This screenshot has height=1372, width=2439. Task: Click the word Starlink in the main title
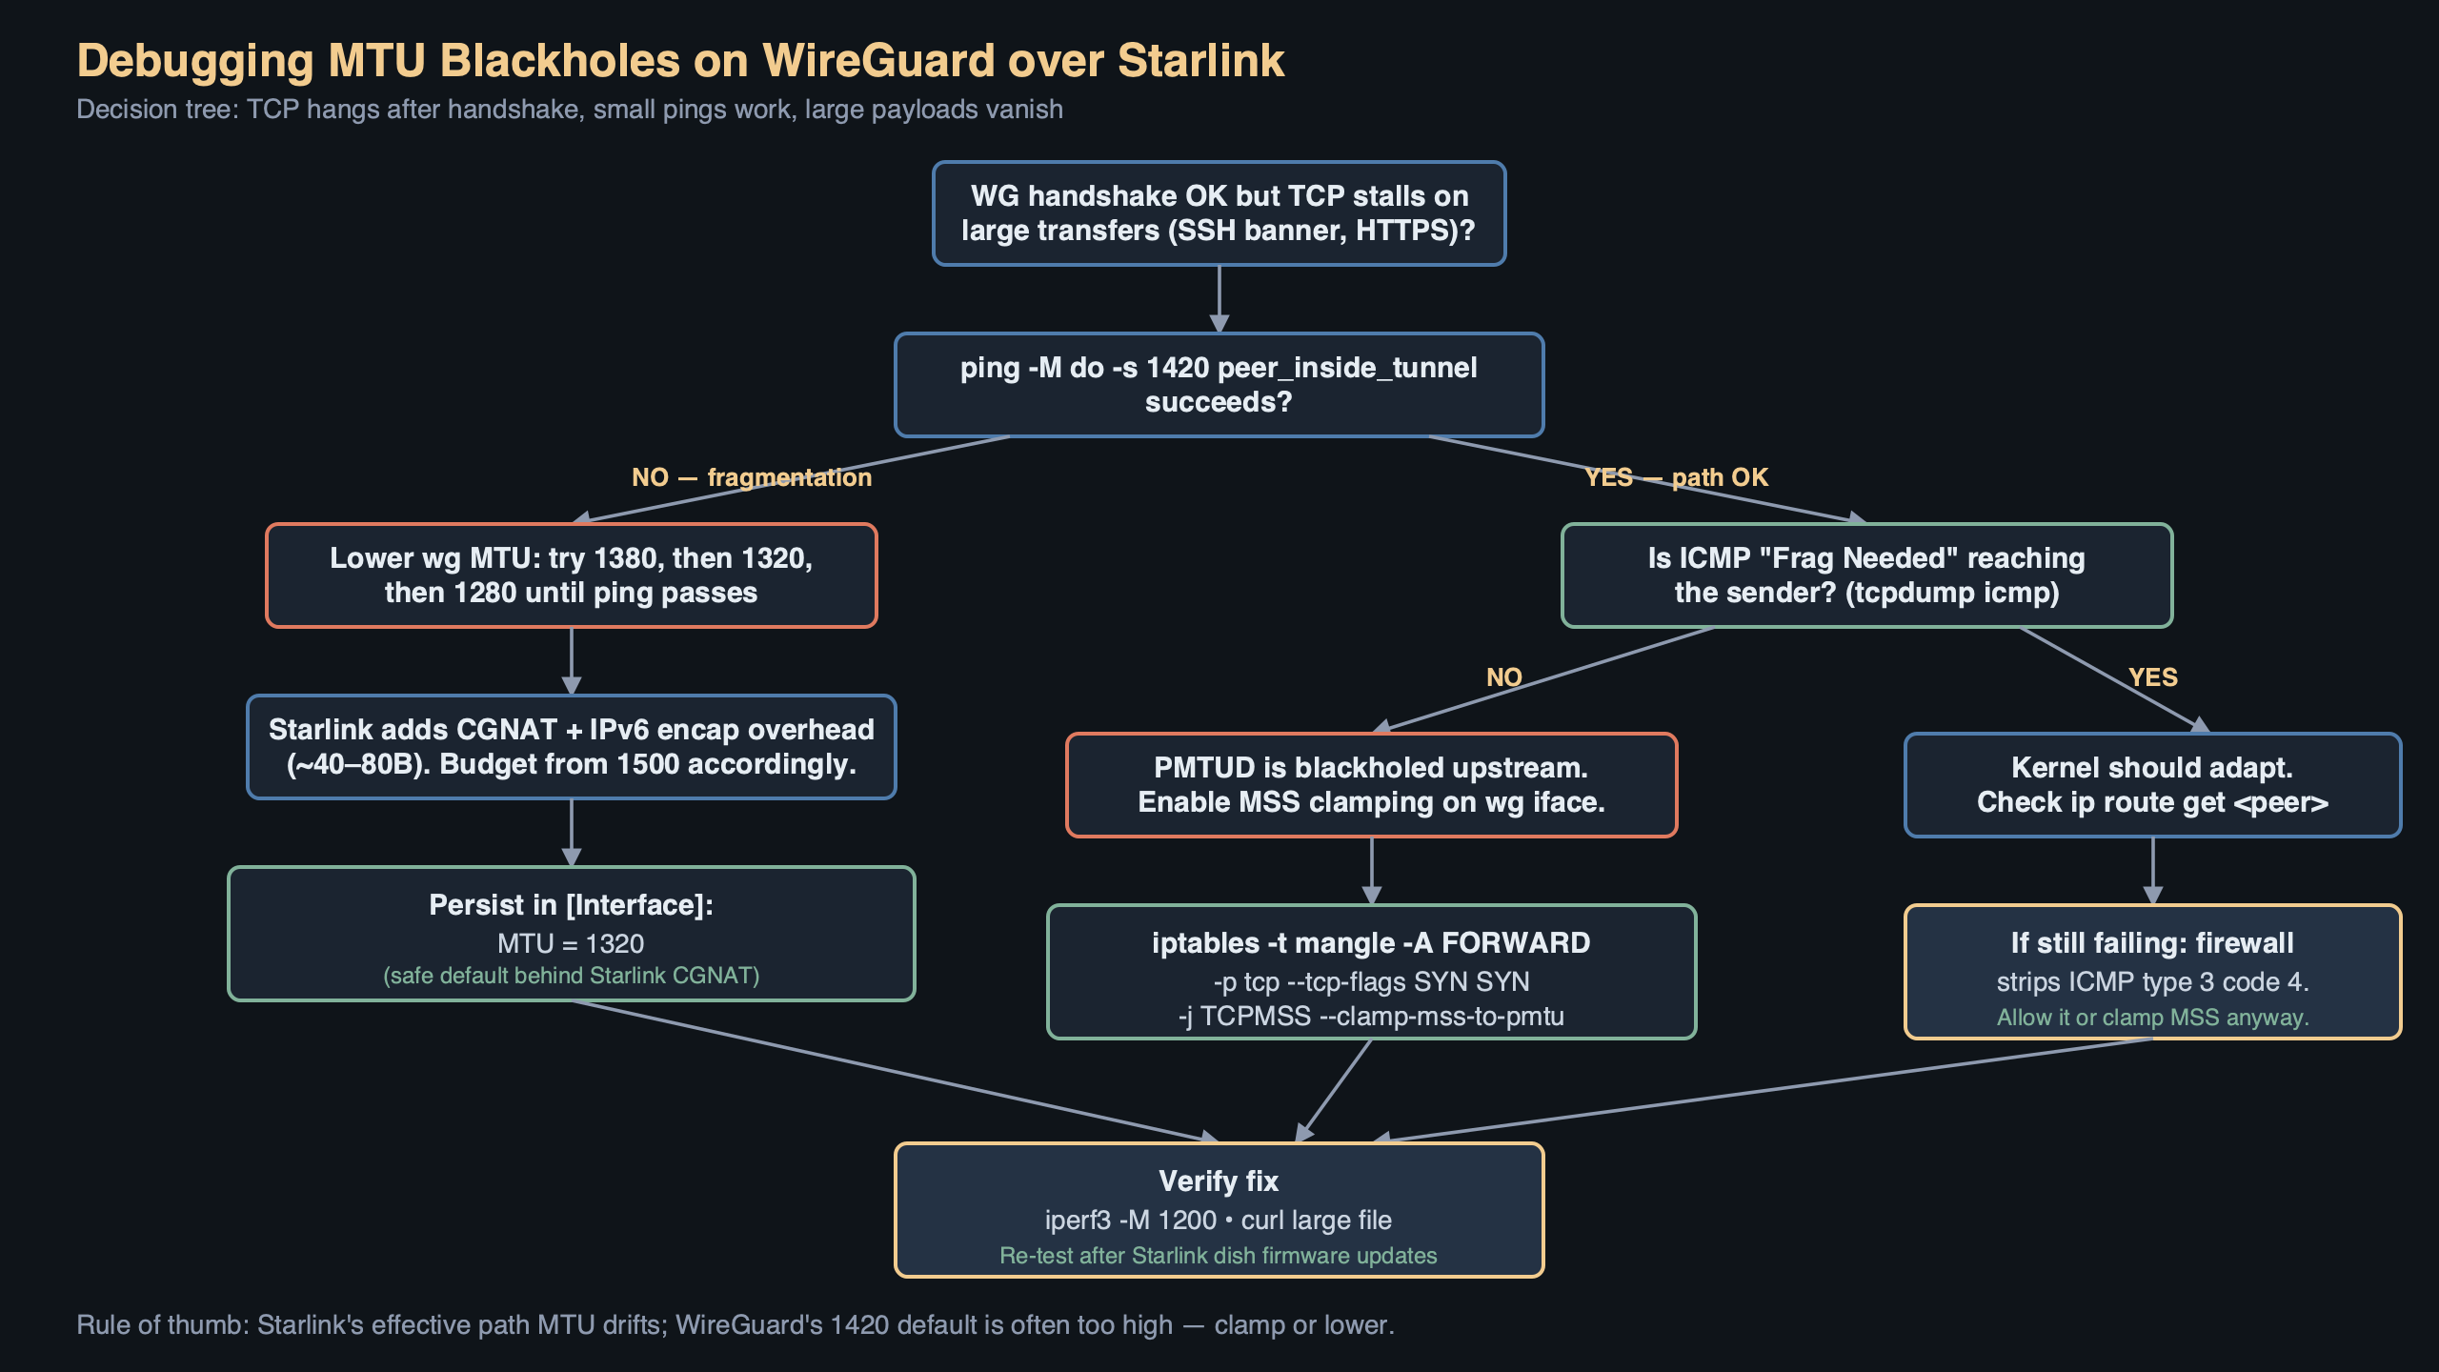(x=1200, y=61)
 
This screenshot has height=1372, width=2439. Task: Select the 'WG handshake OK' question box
(x=1219, y=213)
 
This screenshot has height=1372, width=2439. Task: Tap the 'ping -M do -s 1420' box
(x=1219, y=385)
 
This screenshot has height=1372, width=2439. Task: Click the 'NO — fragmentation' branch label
(x=751, y=477)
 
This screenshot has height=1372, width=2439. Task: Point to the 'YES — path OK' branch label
(x=1676, y=477)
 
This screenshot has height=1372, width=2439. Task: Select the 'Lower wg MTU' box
(x=571, y=575)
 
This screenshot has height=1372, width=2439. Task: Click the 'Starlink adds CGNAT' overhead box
(x=571, y=747)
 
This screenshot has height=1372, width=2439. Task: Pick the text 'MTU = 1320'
(x=571, y=943)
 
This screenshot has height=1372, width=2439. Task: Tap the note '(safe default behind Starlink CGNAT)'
(x=571, y=976)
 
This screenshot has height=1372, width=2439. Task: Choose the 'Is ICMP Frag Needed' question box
(x=1866, y=575)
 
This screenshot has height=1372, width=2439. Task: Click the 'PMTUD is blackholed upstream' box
(x=1371, y=785)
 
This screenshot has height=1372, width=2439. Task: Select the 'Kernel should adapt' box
(x=2152, y=785)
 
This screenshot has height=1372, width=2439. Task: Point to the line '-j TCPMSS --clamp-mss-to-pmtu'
(x=1371, y=1017)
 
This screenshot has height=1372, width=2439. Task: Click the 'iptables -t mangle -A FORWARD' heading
(x=1371, y=943)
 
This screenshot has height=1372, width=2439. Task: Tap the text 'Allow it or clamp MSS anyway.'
(x=2152, y=1018)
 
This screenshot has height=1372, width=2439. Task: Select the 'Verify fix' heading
(x=1219, y=1181)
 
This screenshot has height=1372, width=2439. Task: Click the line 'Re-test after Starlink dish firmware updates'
(x=1219, y=1256)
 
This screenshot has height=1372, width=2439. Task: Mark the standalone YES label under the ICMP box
(x=2152, y=677)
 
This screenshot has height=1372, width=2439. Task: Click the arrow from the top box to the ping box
(x=1219, y=299)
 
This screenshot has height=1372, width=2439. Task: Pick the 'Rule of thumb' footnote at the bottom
(x=735, y=1325)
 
